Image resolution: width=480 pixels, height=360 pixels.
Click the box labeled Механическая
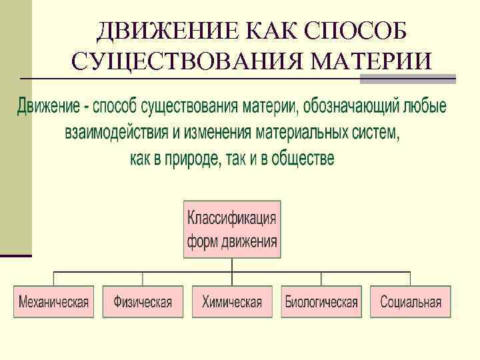(53, 302)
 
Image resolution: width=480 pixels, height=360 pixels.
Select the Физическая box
(143, 302)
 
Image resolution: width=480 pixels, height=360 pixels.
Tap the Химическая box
(232, 302)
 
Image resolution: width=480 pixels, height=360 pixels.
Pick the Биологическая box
(321, 302)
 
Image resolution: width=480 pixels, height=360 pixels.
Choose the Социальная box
(411, 302)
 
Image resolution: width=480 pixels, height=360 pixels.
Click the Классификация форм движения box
(232, 229)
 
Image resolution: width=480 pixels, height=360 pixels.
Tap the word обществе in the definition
(303, 159)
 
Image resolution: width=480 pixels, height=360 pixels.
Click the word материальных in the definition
(301, 133)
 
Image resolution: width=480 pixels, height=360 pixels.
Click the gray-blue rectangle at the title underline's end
(407, 79)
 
